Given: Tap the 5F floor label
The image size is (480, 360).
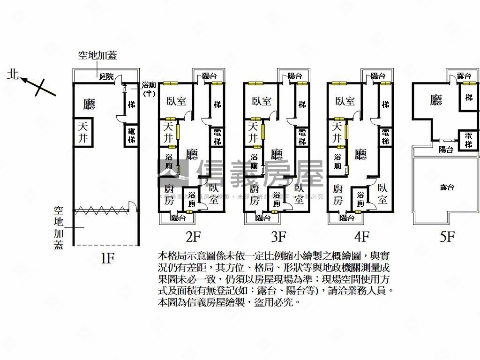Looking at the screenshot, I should (x=447, y=237).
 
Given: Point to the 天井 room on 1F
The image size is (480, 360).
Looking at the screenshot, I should (x=82, y=132).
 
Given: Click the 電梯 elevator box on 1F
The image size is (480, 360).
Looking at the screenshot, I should (x=132, y=135).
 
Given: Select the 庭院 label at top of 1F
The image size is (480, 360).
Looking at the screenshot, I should (x=106, y=76).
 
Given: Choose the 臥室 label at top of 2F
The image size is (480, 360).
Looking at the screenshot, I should (x=176, y=101).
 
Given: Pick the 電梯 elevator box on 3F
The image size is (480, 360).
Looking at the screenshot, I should (x=302, y=137).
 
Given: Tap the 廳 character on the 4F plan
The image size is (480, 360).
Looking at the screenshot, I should (x=360, y=154).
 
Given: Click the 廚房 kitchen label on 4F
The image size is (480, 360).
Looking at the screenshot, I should (x=336, y=195).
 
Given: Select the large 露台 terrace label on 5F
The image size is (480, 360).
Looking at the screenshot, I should (x=447, y=187).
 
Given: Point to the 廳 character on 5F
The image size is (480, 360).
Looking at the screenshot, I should (x=436, y=100).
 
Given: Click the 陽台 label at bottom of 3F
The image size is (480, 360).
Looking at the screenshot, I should (x=262, y=217).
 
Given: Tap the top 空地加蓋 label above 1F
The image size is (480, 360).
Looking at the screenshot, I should (x=97, y=56).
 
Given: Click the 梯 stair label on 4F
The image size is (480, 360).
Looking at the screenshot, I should (x=385, y=105).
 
